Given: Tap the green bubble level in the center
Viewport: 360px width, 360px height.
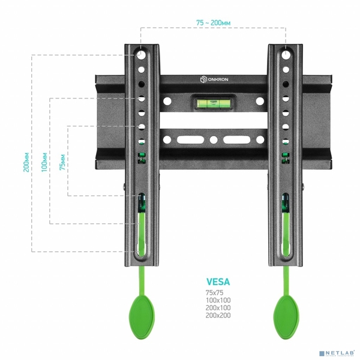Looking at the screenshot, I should point(212,102).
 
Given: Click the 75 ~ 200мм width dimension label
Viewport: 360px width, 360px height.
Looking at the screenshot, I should point(213,22).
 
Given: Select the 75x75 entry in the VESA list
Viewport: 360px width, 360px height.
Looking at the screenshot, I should point(214,292).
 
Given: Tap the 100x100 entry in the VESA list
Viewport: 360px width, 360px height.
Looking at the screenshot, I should point(217,300).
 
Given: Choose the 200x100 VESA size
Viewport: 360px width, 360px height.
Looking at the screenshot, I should point(217,307).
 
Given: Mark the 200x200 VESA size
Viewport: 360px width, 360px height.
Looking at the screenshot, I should point(217,315).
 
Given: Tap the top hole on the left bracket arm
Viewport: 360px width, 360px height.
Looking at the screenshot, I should point(142,55).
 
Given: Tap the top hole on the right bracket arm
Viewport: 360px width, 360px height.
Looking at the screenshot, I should point(285,55).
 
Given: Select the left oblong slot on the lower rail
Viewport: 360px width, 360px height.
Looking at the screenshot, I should point(184,140).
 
